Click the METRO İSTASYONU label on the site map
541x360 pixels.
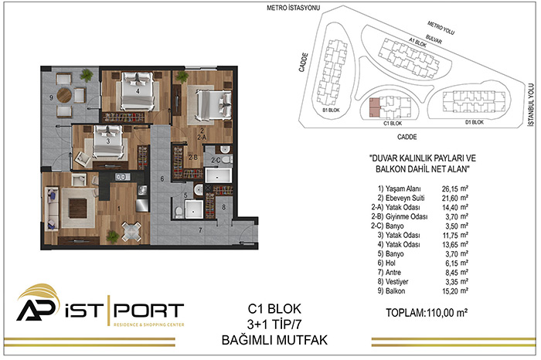coord(293,8)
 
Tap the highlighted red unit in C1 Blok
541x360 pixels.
coord(374,107)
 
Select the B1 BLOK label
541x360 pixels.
coord(331,110)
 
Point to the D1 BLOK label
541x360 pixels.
coord(475,122)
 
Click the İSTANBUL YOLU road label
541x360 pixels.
coord(531,104)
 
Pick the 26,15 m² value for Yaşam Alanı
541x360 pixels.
coord(455,188)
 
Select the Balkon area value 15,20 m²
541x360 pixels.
coord(455,291)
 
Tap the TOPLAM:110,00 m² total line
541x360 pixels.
coord(427,313)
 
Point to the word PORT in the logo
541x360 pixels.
coord(148,311)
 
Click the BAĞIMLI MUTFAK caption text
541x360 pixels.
coord(274,340)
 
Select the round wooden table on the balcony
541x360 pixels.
coord(64,96)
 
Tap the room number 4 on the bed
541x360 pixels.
coord(138,91)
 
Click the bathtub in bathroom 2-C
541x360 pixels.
coord(218,175)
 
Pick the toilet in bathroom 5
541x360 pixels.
coord(179,212)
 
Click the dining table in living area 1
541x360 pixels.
coord(131,232)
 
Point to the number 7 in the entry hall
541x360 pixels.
coord(200,230)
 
